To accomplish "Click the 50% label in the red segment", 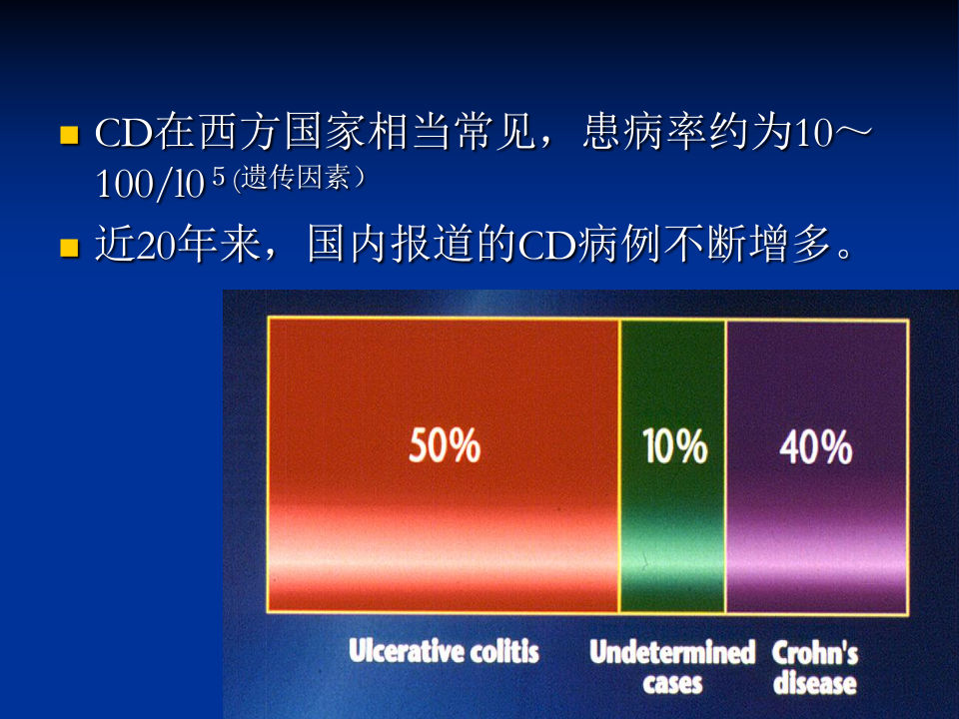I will click(x=445, y=446).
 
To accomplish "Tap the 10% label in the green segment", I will click(x=674, y=446).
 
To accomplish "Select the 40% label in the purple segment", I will click(x=815, y=446).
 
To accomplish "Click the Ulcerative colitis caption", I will click(x=444, y=652).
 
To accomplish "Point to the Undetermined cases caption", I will click(x=671, y=668).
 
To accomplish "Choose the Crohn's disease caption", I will click(x=815, y=668).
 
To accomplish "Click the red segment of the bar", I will click(x=444, y=379).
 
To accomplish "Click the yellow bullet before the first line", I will click(x=69, y=135).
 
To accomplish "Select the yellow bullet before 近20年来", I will click(x=69, y=246).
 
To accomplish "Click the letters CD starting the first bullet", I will click(x=121, y=133).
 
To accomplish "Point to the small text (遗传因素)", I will click(x=298, y=180).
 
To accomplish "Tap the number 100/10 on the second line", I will click(x=150, y=184).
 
